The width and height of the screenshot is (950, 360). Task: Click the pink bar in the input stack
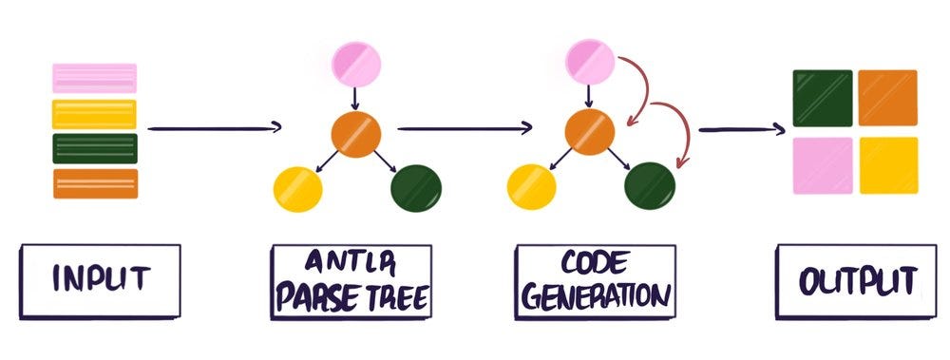94,78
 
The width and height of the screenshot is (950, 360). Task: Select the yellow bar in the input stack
94,114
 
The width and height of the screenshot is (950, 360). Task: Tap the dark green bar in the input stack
94,148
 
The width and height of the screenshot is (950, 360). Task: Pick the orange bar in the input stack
94,182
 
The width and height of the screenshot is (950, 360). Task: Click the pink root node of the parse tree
355,63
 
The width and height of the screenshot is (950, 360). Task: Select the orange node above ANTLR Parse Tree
355,134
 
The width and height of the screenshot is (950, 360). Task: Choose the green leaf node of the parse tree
414,188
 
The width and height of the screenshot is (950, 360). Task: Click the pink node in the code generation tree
590,60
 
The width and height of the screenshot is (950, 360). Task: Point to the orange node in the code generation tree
590,132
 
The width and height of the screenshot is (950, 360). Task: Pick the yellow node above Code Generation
531,186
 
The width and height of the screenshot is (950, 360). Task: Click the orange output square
887,98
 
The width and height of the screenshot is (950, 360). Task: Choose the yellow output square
887,165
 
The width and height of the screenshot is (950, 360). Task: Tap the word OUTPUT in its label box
847,281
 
